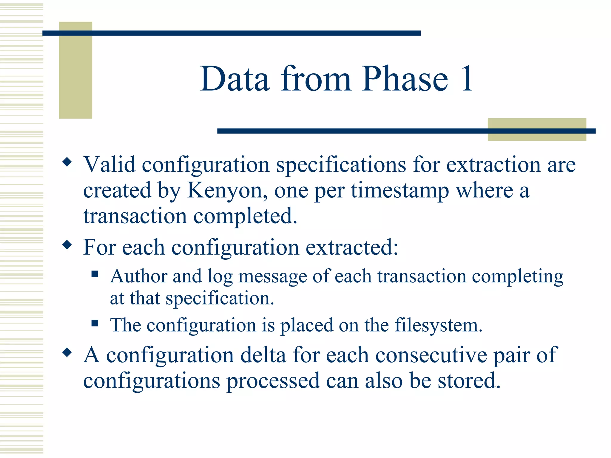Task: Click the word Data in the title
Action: tap(235, 79)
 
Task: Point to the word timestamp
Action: tap(400, 191)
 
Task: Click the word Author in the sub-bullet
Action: tap(138, 276)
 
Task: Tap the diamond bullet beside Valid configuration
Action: tap(67, 163)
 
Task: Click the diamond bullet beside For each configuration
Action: tap(67, 245)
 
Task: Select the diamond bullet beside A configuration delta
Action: tap(67, 353)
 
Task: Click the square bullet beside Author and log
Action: tap(95, 274)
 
